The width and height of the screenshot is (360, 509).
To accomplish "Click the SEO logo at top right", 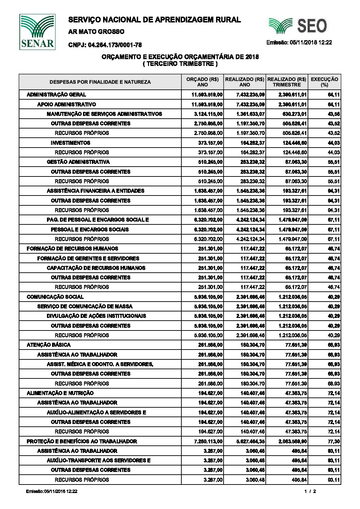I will pos(298,26).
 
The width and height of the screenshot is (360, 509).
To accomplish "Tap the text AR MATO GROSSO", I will pos(96,32).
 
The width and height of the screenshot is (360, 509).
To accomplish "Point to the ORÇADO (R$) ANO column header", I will pos(202,82).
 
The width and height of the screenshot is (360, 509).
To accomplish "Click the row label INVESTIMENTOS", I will pos(70,143).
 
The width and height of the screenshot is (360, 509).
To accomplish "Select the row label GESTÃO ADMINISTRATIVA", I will pos(78,162).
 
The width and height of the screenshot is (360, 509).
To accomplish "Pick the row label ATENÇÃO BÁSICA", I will pos(49,345).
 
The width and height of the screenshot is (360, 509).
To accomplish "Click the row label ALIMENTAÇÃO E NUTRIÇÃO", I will pos(60,393).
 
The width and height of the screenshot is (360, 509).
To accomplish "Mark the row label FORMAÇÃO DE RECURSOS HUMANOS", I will pos(72,249).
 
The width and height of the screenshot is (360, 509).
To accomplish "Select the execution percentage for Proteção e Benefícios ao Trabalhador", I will pos(333,441).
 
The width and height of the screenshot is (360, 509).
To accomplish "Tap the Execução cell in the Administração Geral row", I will pos(333,95).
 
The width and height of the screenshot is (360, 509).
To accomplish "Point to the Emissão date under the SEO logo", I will pos(299,43).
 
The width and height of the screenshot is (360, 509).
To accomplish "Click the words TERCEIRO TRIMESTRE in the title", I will pos(180,64).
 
